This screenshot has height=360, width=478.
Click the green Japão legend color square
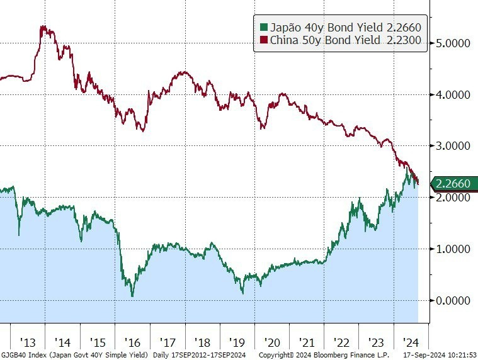pos(264,28)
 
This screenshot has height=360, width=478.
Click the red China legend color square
pos(264,40)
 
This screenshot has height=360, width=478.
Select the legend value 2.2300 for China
pos(404,40)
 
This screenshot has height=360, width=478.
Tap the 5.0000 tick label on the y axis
pos(453,43)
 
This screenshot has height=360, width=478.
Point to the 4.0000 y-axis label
pos(453,95)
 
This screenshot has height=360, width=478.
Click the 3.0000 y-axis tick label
pos(453,146)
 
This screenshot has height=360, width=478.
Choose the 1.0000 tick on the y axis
pos(453,249)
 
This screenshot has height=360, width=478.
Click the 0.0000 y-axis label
pos(453,301)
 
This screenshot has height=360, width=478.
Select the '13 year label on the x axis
pos(28,342)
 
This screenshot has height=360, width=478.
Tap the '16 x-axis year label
pos(132,342)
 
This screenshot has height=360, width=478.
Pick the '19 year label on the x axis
pos(237,342)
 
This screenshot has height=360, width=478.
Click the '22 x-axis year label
pos(341,342)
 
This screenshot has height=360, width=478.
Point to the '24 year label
pos(411,342)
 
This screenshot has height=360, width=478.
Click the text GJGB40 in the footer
pos(11,355)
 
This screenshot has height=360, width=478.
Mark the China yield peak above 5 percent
pos(43,27)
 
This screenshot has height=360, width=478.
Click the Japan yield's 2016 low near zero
pos(132,295)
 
